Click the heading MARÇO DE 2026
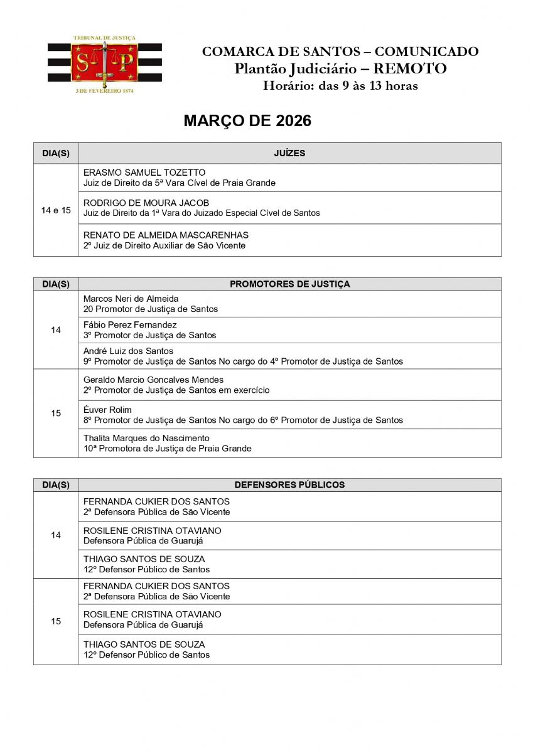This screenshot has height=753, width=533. coord(247,121)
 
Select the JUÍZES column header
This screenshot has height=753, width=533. coord(289,153)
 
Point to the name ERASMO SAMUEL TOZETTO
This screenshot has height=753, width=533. coord(144,173)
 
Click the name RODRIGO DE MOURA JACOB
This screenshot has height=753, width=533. coord(146,203)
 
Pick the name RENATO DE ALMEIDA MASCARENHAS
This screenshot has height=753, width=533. coord(157,235)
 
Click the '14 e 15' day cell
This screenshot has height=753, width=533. coord(56,210)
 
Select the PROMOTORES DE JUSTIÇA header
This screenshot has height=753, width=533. coord(289,284)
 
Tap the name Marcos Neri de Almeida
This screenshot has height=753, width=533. coord(131,299)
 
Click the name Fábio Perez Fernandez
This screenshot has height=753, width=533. coord(130,325)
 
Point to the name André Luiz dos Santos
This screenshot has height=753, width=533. coord(128,351)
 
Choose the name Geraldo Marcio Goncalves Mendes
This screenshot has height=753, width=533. coord(153,380)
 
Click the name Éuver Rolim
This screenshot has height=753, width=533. coord(107,410)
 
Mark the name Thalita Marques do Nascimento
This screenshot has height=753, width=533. coord(146,438)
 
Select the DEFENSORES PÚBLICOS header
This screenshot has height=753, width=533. coord(289,485)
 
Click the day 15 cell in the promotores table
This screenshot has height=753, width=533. coord(56,413)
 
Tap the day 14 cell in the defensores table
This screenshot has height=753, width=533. coord(56,535)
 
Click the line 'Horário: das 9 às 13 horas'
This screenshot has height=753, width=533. coord(340,86)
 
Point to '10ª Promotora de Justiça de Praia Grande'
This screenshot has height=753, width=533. coord(167,449)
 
